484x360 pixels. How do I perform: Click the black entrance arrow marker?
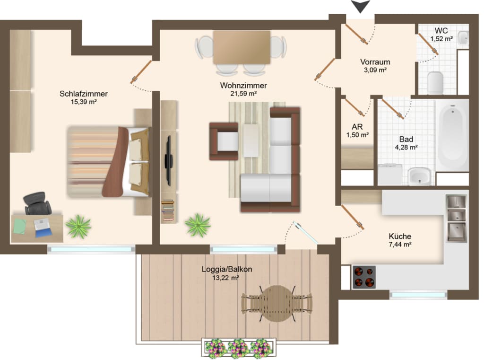360,6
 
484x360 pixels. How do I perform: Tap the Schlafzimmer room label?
83,94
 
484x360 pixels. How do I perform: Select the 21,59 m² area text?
243,94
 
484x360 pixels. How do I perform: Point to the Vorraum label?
375,62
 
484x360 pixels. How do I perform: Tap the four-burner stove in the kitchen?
364,277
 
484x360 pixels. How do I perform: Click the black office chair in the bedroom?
37,203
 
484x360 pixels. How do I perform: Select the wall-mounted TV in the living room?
169,161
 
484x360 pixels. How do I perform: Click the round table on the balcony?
277,304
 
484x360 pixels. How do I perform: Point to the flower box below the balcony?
239,348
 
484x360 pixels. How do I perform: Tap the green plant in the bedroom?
78,227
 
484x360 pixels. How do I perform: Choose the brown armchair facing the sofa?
224,141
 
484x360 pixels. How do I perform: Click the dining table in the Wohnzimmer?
242,47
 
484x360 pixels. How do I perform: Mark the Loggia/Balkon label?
227,269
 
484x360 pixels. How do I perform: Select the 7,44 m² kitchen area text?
400,245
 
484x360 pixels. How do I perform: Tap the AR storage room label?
357,127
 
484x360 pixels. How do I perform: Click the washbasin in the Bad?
419,176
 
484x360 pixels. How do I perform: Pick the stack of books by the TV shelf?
168,211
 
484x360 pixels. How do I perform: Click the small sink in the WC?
463,38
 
